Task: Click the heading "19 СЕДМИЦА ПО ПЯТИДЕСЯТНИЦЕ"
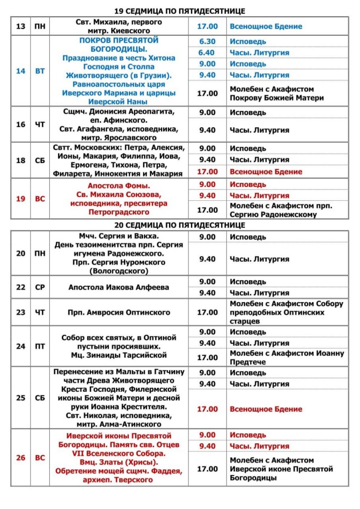(x=180, y=11)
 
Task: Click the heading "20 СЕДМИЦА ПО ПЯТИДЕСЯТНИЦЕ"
(x=180, y=225)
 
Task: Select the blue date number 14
(x=20, y=71)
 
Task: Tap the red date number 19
(x=20, y=199)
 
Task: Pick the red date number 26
(x=20, y=458)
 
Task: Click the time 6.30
(x=207, y=41)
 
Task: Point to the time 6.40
(x=207, y=53)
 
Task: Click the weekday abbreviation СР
(x=40, y=287)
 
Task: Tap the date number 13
(x=20, y=26)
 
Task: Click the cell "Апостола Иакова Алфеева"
(x=119, y=287)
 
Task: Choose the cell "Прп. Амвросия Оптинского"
(x=119, y=313)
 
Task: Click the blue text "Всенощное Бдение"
(x=266, y=26)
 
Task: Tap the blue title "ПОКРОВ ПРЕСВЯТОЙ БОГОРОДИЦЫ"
(x=119, y=44)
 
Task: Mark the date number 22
(x=20, y=287)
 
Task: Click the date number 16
(x=20, y=124)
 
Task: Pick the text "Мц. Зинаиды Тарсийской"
(x=119, y=355)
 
